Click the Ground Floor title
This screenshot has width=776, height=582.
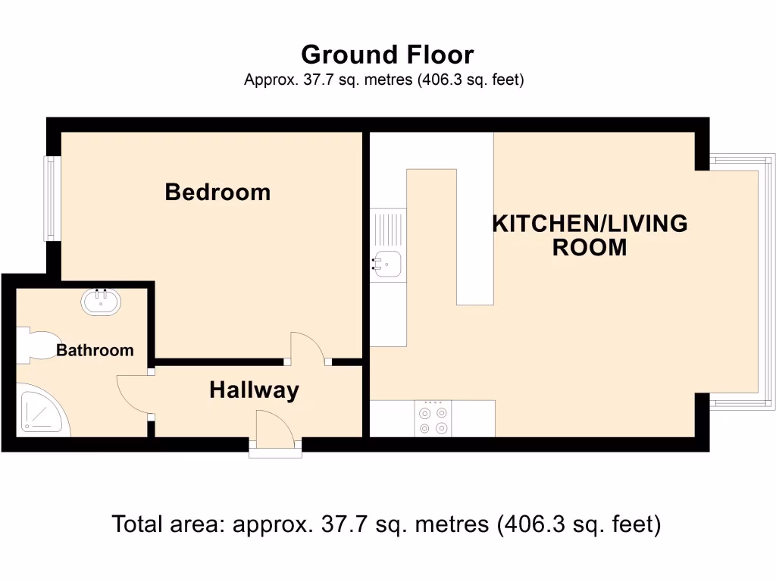pos(387,55)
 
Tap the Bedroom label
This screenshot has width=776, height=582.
pos(217,192)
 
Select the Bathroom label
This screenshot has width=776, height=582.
pos(95,350)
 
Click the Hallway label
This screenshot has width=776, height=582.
pos(254,390)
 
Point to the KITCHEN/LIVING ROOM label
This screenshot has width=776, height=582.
pos(590,236)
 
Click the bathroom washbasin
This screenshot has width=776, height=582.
pos(100,302)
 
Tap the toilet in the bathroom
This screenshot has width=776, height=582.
pos(34,346)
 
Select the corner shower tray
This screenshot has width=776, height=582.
pos(42,411)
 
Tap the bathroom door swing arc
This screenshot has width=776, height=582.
pos(133,394)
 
